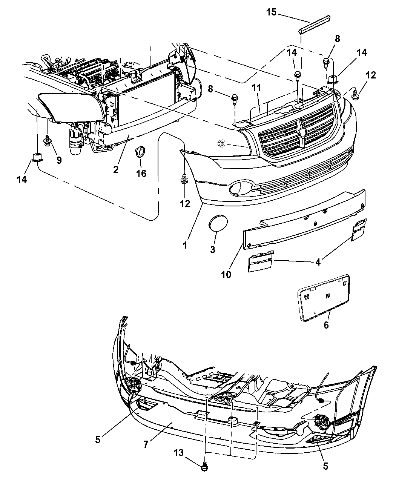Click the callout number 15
point(272,12)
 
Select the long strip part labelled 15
point(314,25)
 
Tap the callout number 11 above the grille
point(256,88)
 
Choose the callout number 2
point(116,170)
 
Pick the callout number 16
point(141,173)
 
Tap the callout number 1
point(185,246)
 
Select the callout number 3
point(212,249)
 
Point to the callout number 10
point(226,274)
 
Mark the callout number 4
point(318,262)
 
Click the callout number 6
point(326,325)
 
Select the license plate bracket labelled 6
point(324,298)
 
